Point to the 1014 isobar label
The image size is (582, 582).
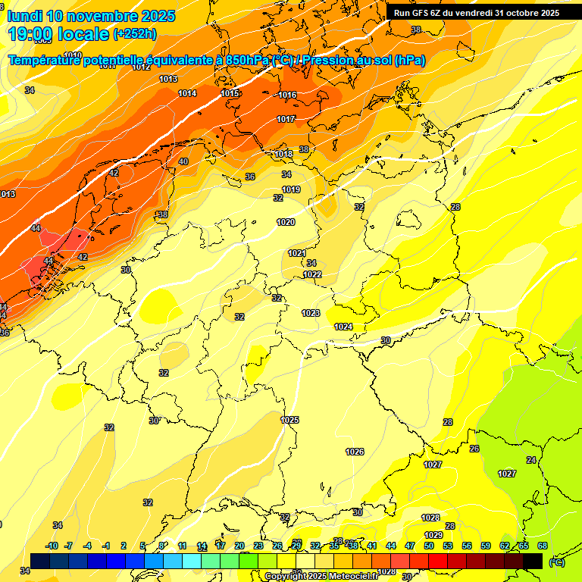point(187,94)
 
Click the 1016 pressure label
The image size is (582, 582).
point(287,95)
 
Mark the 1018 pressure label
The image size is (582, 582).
point(283,155)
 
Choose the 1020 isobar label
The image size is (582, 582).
point(286,223)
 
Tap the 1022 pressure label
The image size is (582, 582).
point(312,275)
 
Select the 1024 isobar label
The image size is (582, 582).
point(343,327)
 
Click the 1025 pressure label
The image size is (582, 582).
point(289,420)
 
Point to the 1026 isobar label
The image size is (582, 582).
point(355,452)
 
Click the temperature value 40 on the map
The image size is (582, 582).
point(183,162)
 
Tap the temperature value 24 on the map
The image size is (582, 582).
point(531,461)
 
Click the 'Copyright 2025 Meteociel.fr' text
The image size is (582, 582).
point(320,576)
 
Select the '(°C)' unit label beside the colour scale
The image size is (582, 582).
point(556,562)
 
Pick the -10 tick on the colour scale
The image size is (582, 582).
point(52,546)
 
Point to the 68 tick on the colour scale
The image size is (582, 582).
point(543,546)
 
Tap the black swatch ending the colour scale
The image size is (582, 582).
point(533,561)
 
